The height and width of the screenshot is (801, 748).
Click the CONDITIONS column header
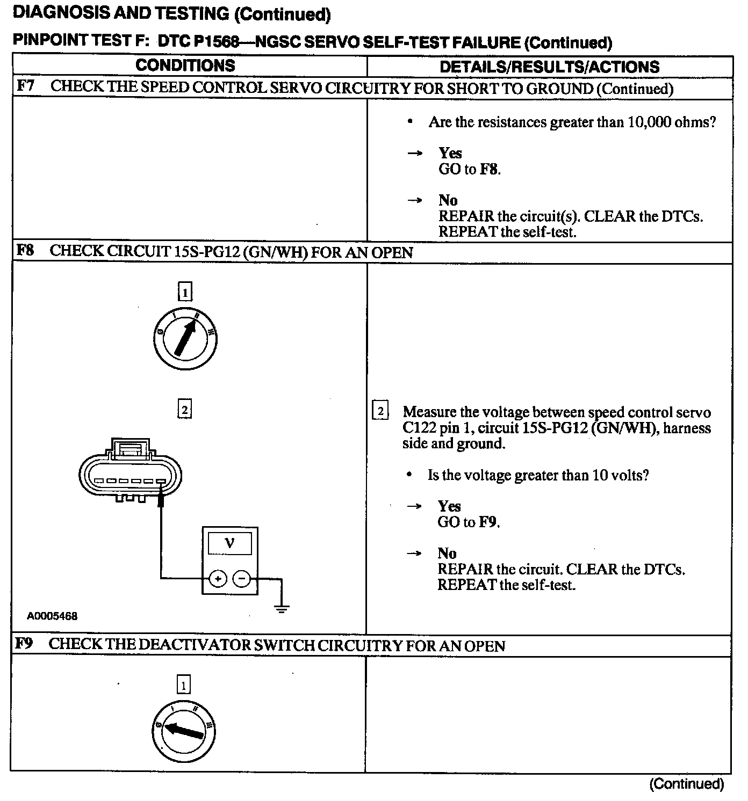pyautogui.click(x=185, y=65)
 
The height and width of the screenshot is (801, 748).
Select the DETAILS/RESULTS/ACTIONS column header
pyautogui.click(x=549, y=67)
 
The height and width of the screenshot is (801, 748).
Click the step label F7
pyautogui.click(x=25, y=86)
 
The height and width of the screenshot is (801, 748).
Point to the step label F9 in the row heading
pyautogui.click(x=25, y=644)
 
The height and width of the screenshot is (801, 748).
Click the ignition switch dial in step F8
pyautogui.click(x=185, y=339)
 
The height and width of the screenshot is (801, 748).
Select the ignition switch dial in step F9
pyautogui.click(x=184, y=731)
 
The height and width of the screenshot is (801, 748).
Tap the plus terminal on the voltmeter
pyautogui.click(x=218, y=579)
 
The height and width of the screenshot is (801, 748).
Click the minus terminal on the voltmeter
pyautogui.click(x=242, y=579)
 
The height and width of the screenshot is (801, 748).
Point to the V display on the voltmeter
pyautogui.click(x=229, y=544)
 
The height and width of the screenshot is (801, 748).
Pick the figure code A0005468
pyautogui.click(x=52, y=616)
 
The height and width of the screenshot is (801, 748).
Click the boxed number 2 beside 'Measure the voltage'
pyautogui.click(x=380, y=412)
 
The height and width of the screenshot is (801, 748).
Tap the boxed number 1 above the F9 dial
pyautogui.click(x=184, y=686)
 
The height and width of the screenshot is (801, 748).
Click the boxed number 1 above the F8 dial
pyautogui.click(x=185, y=292)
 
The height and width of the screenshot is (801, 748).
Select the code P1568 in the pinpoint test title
pyautogui.click(x=214, y=42)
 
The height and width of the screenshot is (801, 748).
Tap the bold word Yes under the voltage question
pyautogui.click(x=449, y=506)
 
